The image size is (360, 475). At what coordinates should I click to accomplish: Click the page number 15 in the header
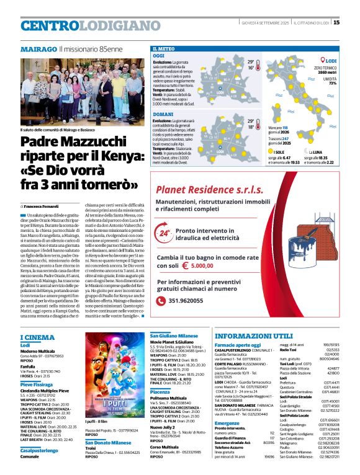click(x=353, y=22)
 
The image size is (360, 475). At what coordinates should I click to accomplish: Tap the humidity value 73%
click(x=333, y=83)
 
